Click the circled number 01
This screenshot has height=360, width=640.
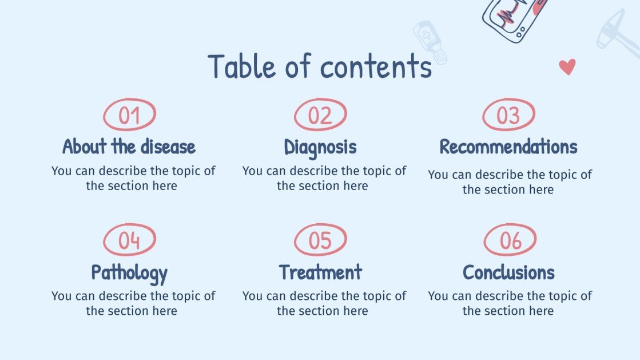click(x=129, y=114)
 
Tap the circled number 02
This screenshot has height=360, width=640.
click(x=320, y=114)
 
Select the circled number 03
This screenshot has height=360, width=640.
click(x=508, y=114)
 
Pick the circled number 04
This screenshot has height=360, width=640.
click(x=129, y=240)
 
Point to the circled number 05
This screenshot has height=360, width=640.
click(x=320, y=240)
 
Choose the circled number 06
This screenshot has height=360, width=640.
click(x=510, y=240)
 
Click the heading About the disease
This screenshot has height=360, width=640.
click(x=129, y=147)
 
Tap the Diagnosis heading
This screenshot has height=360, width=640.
click(x=320, y=147)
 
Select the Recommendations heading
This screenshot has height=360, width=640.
click(x=508, y=147)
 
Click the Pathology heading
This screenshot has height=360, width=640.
click(x=129, y=272)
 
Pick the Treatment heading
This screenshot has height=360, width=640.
click(x=320, y=272)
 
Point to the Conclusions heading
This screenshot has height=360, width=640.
click(x=508, y=272)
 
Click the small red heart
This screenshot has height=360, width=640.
click(x=567, y=67)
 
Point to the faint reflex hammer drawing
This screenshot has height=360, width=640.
click(x=615, y=33)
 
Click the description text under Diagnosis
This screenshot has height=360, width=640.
click(x=324, y=178)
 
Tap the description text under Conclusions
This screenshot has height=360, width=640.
click(x=510, y=303)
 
